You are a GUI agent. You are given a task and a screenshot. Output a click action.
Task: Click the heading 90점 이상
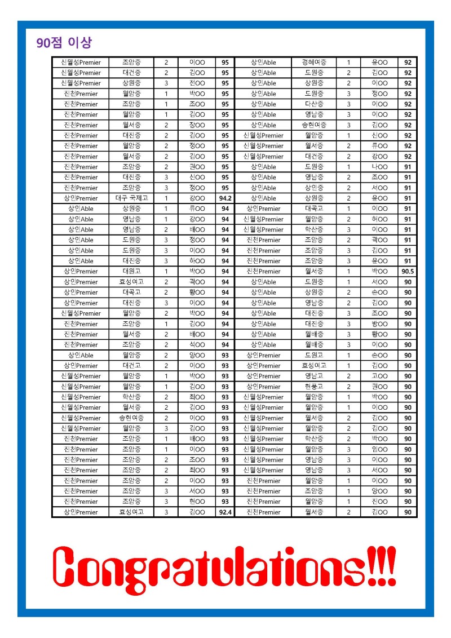coord(63,43)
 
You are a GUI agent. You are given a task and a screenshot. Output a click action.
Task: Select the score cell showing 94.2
coord(225,198)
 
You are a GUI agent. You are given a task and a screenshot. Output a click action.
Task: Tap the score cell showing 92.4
coord(225,512)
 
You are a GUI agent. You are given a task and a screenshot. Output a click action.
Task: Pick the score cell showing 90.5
coord(408,272)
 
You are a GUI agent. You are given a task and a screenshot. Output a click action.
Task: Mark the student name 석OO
coord(197,345)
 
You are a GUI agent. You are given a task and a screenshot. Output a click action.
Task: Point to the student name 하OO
coord(197,261)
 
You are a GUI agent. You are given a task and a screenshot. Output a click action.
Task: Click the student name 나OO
coord(379,167)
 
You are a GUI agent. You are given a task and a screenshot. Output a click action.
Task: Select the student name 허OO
coord(379,219)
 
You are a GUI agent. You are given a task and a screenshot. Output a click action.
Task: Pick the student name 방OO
coord(379,324)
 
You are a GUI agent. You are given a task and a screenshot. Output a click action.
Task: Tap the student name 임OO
coord(379,450)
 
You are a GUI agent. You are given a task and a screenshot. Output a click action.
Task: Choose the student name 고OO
coord(379,376)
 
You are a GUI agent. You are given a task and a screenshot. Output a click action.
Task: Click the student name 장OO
coord(197,125)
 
